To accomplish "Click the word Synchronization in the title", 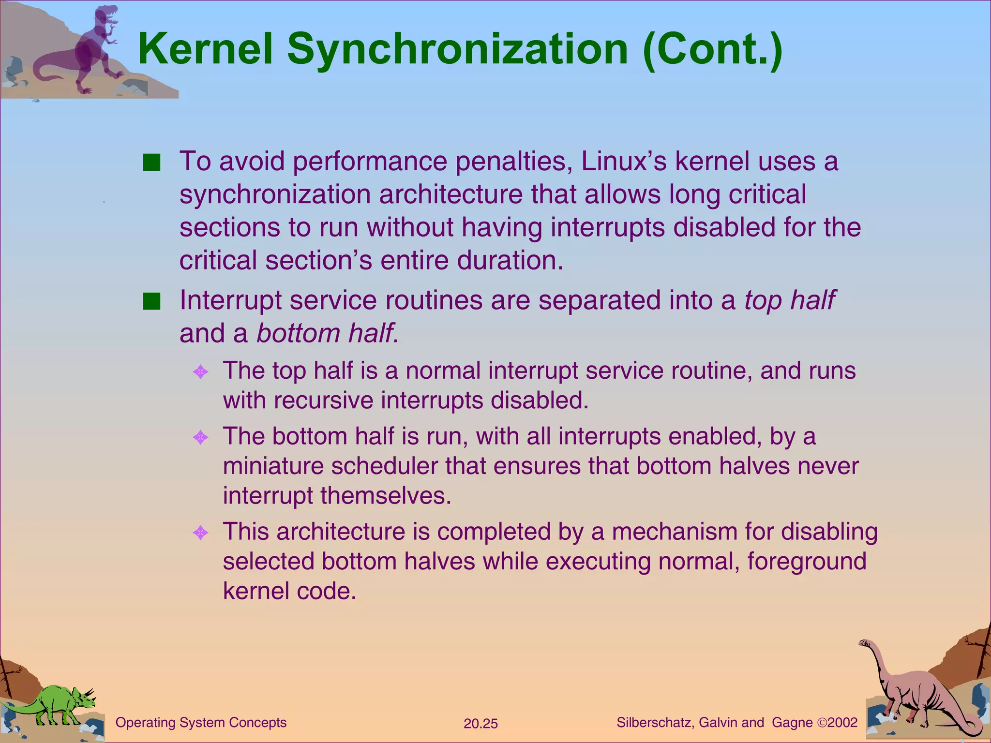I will (457, 50).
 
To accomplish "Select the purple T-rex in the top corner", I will (94, 48).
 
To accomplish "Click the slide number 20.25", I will (480, 724).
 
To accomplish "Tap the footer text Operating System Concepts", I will (201, 723).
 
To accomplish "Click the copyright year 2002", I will (843, 723).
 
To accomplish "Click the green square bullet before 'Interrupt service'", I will (151, 301).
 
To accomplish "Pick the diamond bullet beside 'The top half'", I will (200, 372).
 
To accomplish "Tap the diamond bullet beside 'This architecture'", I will (200, 533).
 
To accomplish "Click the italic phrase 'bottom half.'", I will (328, 333).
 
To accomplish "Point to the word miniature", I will (272, 466).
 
